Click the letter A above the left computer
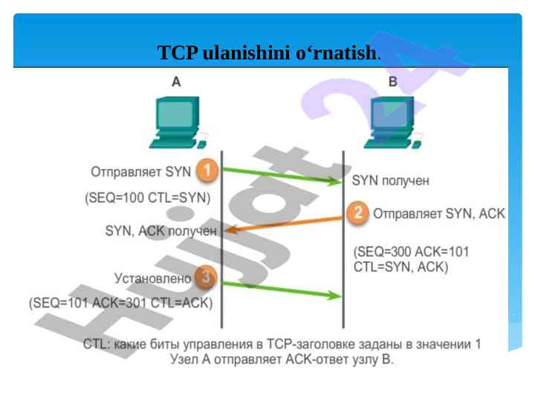pyautogui.click(x=176, y=82)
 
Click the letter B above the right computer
pyautogui.click(x=393, y=82)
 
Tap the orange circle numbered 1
pyautogui.click(x=207, y=172)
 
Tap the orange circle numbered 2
pyautogui.click(x=358, y=214)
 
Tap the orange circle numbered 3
pyautogui.click(x=207, y=278)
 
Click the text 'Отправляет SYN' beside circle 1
pyautogui.click(x=141, y=172)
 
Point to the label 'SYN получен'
pyautogui.click(x=390, y=180)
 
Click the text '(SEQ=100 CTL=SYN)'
pyautogui.click(x=148, y=198)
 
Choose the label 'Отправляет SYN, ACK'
pyautogui.click(x=438, y=214)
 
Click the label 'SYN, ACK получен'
pyautogui.click(x=161, y=231)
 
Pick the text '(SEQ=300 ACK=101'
pyautogui.click(x=411, y=252)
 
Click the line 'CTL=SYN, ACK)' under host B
pyautogui.click(x=401, y=267)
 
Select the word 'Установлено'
pyautogui.click(x=152, y=278)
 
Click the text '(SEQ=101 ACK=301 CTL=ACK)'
pyautogui.click(x=120, y=303)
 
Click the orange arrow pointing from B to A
pyautogui.click(x=286, y=223)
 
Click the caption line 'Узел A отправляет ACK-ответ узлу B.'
pyautogui.click(x=282, y=359)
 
